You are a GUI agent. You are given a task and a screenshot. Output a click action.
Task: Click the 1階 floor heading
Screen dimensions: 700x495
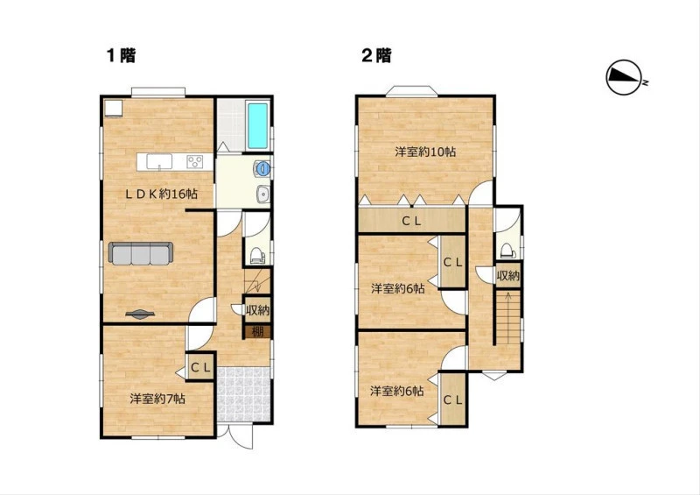tap(121, 55)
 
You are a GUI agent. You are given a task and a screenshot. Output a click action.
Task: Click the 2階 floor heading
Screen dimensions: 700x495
tap(376, 55)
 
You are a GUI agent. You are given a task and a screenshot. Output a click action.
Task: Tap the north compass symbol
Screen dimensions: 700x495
tap(624, 77)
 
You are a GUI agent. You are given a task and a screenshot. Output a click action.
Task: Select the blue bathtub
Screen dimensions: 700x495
tap(257, 125)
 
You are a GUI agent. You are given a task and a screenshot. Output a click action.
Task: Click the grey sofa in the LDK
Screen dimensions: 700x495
tap(141, 253)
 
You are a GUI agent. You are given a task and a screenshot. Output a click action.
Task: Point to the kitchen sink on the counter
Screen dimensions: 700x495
tap(159, 161)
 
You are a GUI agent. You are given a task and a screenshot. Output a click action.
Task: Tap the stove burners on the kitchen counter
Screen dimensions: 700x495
tap(194, 161)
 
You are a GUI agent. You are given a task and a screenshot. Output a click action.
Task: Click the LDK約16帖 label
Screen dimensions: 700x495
tap(161, 194)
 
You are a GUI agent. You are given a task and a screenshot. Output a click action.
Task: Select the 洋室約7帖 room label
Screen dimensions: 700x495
tap(157, 399)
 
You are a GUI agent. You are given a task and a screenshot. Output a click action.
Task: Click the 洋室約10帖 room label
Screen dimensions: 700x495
tap(425, 152)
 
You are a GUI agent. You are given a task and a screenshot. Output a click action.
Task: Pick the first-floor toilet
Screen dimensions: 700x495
tap(257, 255)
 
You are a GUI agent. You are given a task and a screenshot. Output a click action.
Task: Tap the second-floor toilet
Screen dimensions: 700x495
tap(508, 251)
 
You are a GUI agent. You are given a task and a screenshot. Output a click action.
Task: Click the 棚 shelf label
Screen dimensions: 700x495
tap(257, 332)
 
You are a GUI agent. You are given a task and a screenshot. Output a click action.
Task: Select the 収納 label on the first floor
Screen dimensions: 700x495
tap(257, 309)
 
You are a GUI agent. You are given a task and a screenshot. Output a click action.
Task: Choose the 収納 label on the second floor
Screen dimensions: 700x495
tap(508, 276)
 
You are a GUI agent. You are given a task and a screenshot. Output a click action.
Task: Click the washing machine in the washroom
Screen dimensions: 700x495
tap(262, 168)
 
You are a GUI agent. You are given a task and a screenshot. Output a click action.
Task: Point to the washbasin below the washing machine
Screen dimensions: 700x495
tap(263, 194)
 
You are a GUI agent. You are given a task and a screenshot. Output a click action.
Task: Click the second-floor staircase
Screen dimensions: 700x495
tap(507, 317)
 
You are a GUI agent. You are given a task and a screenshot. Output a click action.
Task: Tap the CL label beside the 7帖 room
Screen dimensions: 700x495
tap(200, 368)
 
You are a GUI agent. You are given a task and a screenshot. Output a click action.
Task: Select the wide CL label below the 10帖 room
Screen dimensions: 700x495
tap(411, 221)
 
